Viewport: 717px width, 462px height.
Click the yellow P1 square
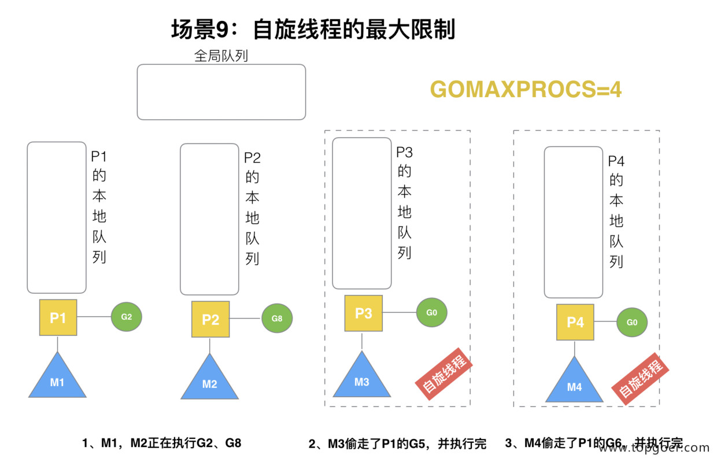(58, 317)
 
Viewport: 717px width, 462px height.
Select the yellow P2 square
(210, 319)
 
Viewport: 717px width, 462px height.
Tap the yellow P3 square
(363, 313)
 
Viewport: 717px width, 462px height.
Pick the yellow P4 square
(575, 322)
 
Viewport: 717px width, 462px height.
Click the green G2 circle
(127, 317)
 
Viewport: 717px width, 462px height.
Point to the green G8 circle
(277, 319)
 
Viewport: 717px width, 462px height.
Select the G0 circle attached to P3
(431, 313)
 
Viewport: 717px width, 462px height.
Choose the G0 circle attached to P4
(631, 322)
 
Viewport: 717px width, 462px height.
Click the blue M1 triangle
(57, 379)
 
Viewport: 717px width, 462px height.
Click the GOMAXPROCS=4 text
(526, 90)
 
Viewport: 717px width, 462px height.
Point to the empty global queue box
(221, 92)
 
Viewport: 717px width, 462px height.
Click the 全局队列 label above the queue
(221, 56)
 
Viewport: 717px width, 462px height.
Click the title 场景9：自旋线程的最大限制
(313, 29)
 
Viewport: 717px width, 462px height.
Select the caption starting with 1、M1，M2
(161, 443)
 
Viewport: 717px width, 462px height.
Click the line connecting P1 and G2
(94, 317)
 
